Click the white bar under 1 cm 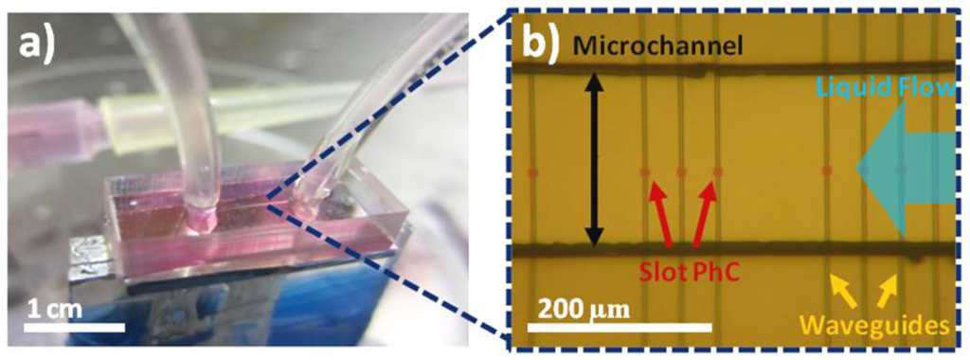pos(76,326)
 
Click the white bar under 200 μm pos(619,326)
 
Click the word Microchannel pos(658,45)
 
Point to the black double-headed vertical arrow pos(595,159)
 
